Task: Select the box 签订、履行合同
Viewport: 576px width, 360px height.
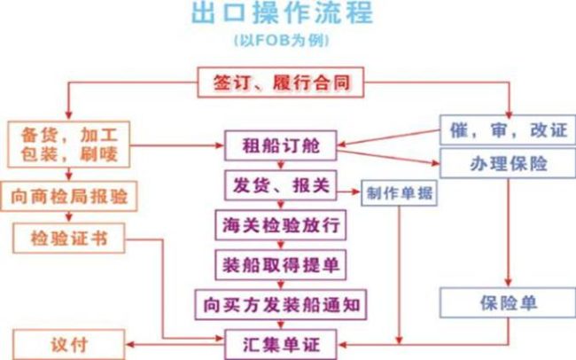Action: (x=280, y=83)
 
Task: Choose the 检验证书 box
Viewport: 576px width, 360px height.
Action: (x=68, y=237)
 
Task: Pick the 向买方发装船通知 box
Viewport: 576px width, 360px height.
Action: (x=280, y=304)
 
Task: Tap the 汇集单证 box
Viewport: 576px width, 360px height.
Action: (x=280, y=342)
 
